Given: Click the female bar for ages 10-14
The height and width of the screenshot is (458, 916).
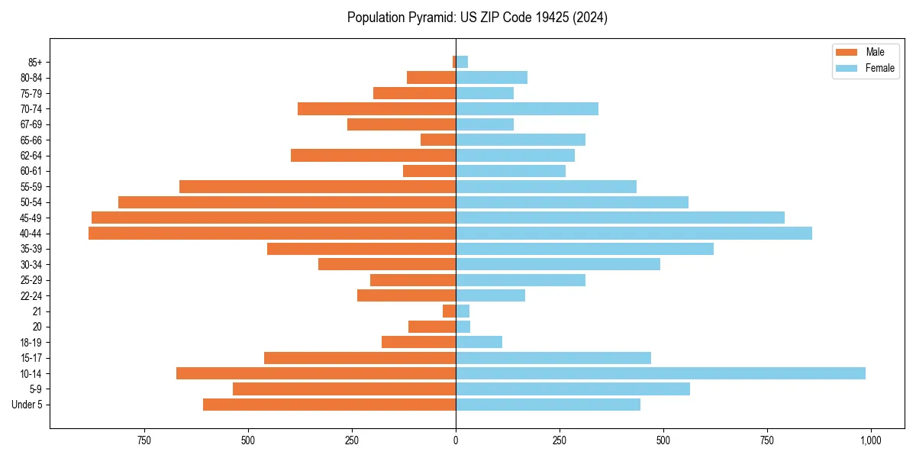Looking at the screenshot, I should (x=660, y=373).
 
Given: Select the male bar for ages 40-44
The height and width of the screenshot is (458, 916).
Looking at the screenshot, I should (x=272, y=233).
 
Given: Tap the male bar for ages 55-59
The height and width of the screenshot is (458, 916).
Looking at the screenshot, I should (x=318, y=186).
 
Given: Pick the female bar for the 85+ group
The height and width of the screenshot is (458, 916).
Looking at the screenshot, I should (x=462, y=62).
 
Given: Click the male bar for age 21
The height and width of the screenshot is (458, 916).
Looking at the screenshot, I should (x=450, y=311).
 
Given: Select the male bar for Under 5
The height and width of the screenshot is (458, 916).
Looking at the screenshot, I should (x=329, y=405).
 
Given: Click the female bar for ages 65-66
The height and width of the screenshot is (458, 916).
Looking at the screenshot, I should (x=521, y=140).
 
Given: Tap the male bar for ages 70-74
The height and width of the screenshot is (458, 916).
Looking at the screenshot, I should (x=376, y=108).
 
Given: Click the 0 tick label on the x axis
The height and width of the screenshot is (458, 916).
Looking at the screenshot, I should (x=456, y=440).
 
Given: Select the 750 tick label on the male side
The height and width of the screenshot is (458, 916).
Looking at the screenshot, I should (x=144, y=440).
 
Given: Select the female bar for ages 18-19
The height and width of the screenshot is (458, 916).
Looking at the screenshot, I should (x=479, y=342).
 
